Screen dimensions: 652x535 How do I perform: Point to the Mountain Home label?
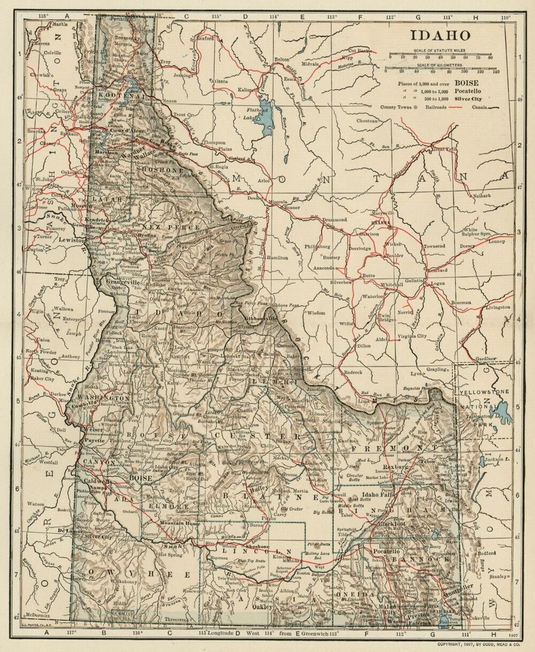[x=177, y=523]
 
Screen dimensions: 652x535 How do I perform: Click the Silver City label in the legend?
[x=471, y=99]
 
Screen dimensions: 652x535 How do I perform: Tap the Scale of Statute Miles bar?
[x=440, y=56]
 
